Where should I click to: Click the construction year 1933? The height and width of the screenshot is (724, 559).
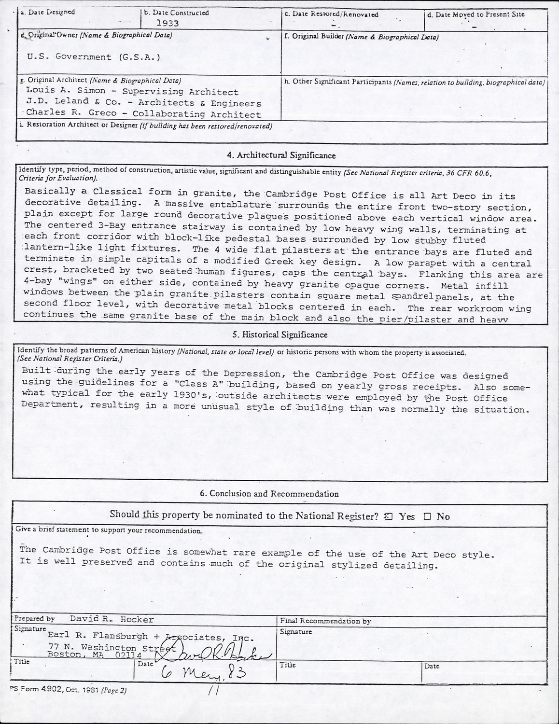tap(167, 23)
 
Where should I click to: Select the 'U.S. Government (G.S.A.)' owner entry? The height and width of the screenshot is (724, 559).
tap(93, 57)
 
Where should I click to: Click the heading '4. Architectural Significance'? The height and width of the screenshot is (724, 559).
tap(281, 155)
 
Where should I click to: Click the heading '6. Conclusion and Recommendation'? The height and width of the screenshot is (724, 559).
tap(269, 494)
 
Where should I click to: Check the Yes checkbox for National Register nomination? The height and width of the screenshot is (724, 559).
tap(388, 516)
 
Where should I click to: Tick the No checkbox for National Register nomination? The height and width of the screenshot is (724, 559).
tap(427, 516)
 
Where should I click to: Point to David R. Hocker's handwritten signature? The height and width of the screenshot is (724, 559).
tap(222, 652)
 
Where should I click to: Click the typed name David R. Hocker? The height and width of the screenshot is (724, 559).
tap(112, 619)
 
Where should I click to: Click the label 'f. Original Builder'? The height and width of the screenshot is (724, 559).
tap(312, 37)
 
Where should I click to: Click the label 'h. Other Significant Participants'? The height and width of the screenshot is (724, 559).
tap(337, 82)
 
